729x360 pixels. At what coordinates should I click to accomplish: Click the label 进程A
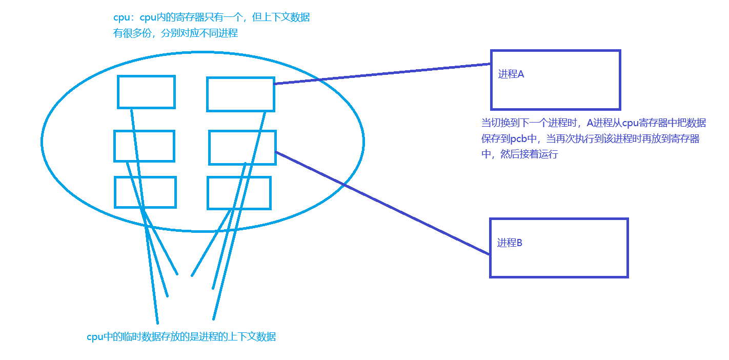(511, 74)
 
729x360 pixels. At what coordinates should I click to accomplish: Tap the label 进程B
(510, 243)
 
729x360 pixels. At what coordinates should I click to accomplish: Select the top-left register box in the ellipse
(146, 92)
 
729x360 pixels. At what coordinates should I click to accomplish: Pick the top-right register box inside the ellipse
(240, 94)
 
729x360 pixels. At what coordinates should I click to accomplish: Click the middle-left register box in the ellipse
(144, 146)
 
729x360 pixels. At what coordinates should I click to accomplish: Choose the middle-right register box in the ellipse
(242, 148)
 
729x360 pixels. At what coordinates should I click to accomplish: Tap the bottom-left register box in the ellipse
(145, 192)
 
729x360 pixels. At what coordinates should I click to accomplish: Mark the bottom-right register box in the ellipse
(239, 193)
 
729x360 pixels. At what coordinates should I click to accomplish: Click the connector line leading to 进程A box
(382, 74)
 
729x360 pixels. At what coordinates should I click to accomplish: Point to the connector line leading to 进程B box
(382, 203)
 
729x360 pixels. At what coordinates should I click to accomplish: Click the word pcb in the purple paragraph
(520, 139)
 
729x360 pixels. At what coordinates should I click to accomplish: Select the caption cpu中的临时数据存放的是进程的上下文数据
(181, 337)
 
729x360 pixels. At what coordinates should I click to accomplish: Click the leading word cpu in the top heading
(121, 17)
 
